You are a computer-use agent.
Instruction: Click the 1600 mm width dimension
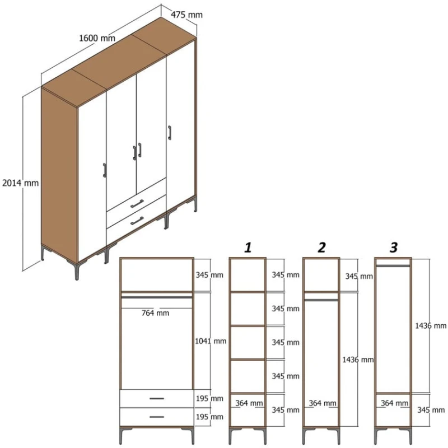97,38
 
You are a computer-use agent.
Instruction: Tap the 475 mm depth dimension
187,15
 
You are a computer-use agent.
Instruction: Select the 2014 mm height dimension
20,183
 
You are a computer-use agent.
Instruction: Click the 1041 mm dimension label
211,340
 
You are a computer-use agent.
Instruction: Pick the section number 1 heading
248,247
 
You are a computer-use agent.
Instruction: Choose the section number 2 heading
321,247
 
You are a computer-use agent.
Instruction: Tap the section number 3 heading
394,247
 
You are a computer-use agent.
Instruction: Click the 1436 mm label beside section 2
357,360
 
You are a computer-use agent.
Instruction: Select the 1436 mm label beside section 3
430,325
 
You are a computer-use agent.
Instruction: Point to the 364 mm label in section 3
394,403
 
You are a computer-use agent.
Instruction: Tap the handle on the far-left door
104,170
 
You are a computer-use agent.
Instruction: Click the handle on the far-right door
168,133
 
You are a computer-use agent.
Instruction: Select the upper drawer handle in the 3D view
137,203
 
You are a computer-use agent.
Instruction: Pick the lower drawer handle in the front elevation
157,417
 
